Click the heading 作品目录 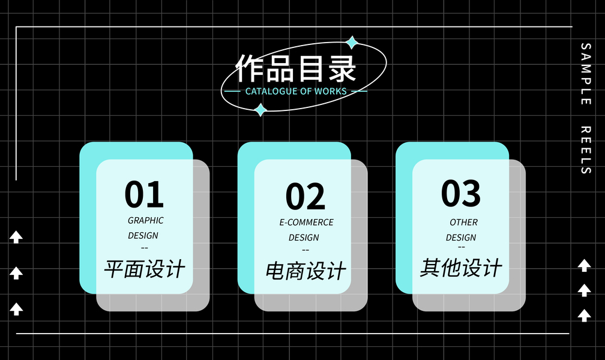click(296, 68)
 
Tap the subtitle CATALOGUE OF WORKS click(296, 91)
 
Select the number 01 click(144, 194)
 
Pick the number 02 click(305, 197)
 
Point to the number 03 click(461, 193)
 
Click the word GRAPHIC click(145, 220)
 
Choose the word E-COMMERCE click(306, 222)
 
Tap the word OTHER click(463, 222)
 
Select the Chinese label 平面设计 click(145, 268)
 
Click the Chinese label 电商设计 click(306, 271)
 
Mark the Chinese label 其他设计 click(461, 267)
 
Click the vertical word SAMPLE click(586, 74)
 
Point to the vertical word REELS click(586, 150)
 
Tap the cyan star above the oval click(352, 43)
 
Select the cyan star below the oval click(260, 110)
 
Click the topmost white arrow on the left click(16, 237)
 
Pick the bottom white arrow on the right click(584, 315)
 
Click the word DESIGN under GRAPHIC click(143, 235)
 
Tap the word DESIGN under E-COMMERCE click(304, 237)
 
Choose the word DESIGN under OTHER click(461, 237)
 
